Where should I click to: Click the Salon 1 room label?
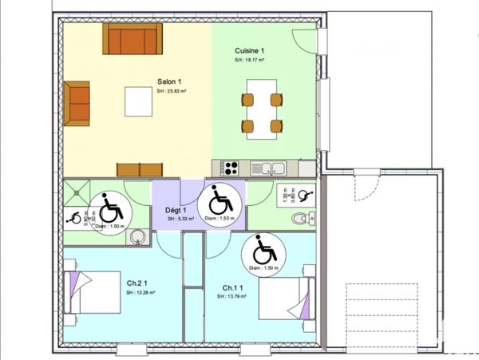coord(168,81)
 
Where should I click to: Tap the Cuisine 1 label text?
coord(250,50)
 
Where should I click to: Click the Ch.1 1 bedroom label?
coord(233,287)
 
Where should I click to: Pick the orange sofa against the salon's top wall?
coord(132,38)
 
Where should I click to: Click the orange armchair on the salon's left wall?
coord(77,103)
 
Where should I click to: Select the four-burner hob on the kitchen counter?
coord(231,168)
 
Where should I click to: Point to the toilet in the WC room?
coord(302,217)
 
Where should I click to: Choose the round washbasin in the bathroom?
coord(138,236)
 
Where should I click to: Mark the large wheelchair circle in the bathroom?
coord(111,211)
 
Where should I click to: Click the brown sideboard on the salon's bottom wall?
coord(139,169)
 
